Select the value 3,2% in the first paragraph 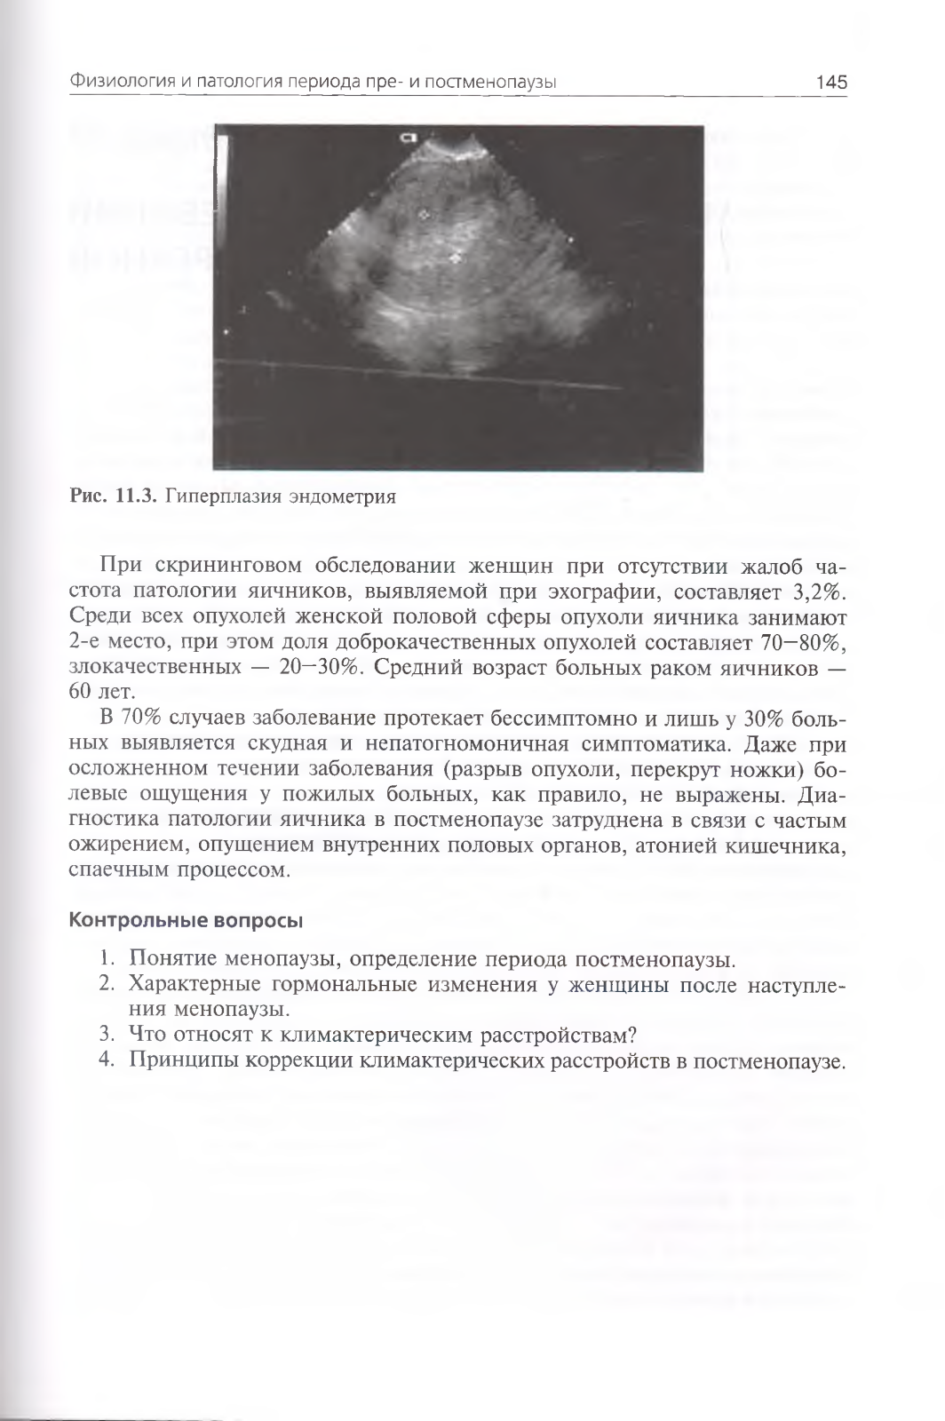(813, 591)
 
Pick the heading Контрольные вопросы (186, 919)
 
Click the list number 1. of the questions (107, 959)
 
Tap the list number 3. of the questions (107, 1035)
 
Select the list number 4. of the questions (107, 1060)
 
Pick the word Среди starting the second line (97, 617)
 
